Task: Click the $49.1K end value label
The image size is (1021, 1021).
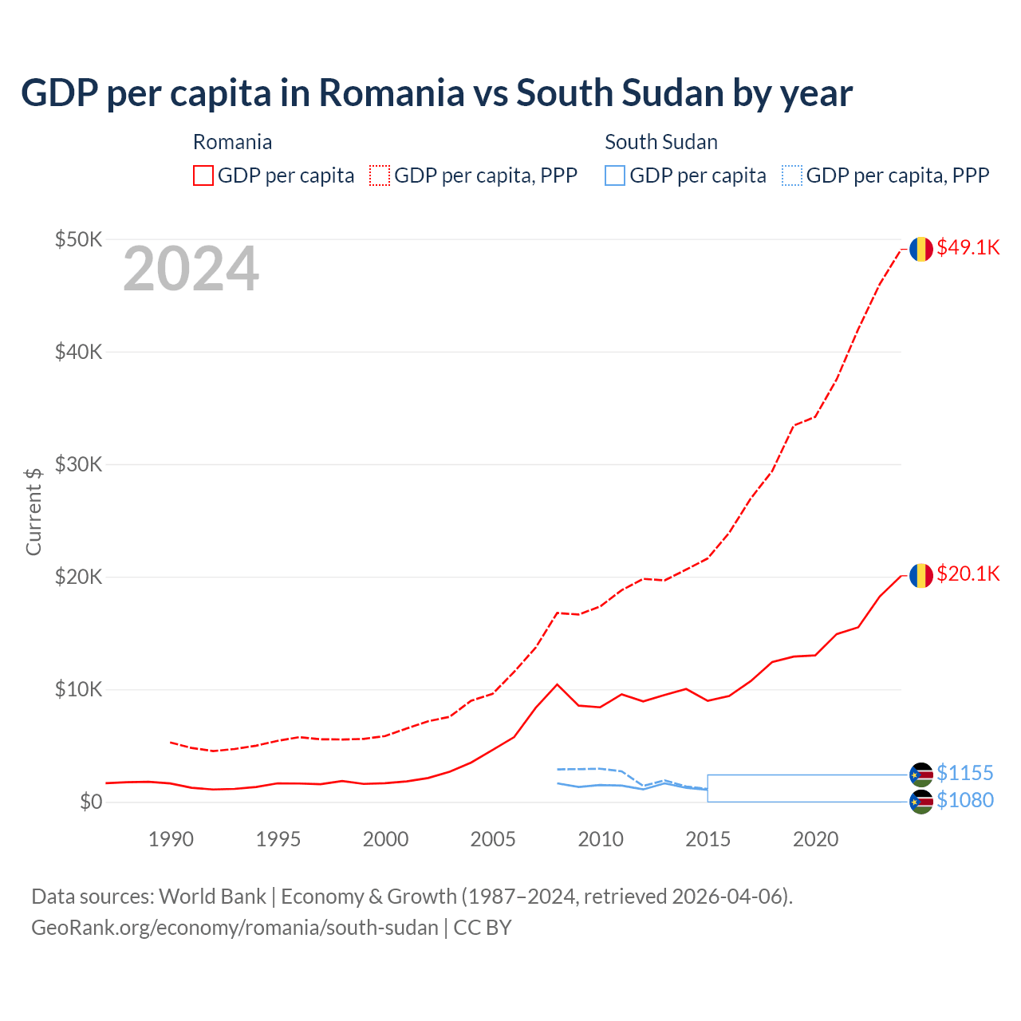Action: point(968,248)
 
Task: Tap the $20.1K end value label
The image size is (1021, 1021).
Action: point(968,574)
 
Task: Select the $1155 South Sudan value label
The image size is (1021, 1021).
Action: point(964,774)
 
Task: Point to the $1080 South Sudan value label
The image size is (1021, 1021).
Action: point(964,801)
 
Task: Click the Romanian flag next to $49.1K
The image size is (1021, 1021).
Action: point(921,249)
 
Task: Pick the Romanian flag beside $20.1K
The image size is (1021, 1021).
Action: point(921,575)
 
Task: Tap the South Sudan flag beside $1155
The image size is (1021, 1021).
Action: point(921,775)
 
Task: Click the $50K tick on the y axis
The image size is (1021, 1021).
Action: point(78,239)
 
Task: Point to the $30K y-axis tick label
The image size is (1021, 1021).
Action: point(78,464)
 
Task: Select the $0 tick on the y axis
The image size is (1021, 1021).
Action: point(91,802)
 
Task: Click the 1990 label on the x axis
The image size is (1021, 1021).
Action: point(171,839)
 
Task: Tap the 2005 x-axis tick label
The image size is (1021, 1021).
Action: point(493,839)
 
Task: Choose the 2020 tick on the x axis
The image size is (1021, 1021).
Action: point(815,839)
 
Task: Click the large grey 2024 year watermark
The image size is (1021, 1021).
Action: point(191,270)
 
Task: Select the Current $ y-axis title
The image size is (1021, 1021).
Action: point(34,511)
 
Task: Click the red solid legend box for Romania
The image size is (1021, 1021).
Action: point(203,175)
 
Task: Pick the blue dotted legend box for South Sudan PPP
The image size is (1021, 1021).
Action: point(792,175)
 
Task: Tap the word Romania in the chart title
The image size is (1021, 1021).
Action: point(392,93)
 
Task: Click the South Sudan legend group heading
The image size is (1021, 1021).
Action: point(661,142)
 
